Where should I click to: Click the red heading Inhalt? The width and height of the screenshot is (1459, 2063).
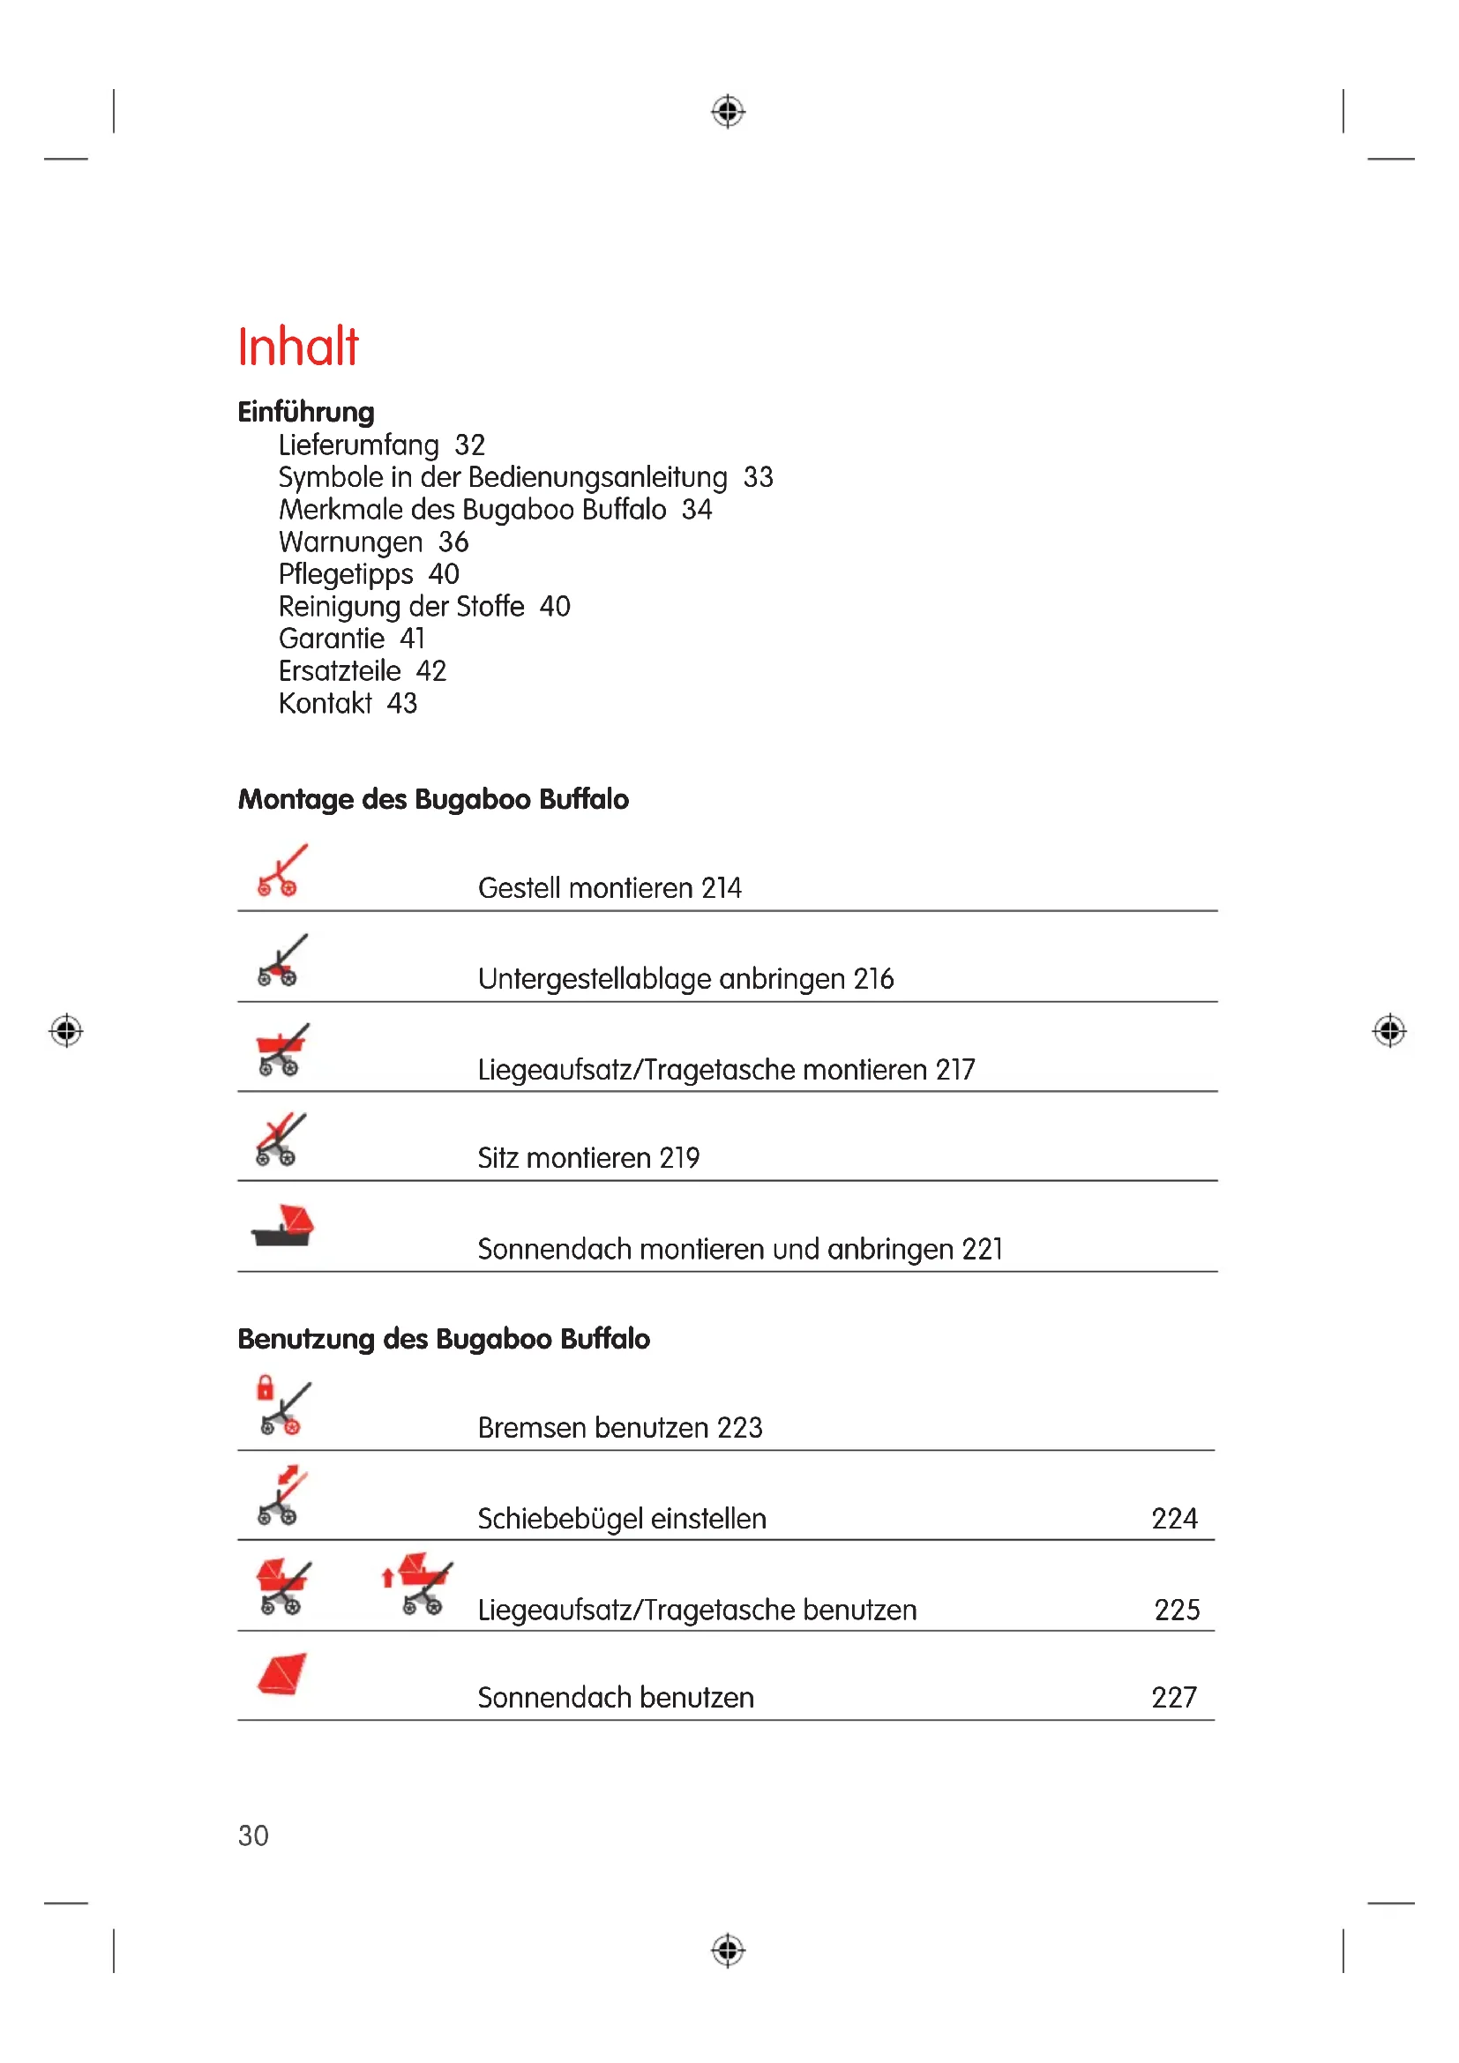(297, 347)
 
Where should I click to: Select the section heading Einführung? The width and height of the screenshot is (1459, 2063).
(305, 413)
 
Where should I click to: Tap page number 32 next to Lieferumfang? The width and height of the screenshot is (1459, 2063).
(470, 445)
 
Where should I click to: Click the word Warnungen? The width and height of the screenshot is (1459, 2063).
(350, 542)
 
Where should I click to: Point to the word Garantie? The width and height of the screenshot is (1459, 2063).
(332, 639)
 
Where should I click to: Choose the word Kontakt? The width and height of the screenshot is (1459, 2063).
(325, 704)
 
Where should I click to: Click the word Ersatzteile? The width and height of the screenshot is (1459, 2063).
(340, 671)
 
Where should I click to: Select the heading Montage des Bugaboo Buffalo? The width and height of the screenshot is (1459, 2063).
(433, 800)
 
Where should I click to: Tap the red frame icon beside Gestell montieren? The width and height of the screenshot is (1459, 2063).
(281, 870)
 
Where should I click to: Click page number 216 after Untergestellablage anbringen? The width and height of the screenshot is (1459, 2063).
(873, 978)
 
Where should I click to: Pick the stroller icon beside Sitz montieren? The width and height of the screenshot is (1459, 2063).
(281, 1140)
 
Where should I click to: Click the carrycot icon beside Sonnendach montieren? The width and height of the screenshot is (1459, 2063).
(283, 1226)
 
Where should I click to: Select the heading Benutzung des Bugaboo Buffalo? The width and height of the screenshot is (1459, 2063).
(444, 1339)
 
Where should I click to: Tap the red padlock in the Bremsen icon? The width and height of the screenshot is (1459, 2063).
(265, 1387)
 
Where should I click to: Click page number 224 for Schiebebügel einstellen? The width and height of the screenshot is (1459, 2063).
(1174, 1519)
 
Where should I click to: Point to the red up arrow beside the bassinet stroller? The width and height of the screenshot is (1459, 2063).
(388, 1578)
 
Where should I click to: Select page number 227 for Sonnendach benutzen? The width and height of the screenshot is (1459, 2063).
(1174, 1697)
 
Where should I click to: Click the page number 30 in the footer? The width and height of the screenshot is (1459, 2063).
(253, 1835)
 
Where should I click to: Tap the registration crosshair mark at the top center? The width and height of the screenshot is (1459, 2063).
(728, 111)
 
